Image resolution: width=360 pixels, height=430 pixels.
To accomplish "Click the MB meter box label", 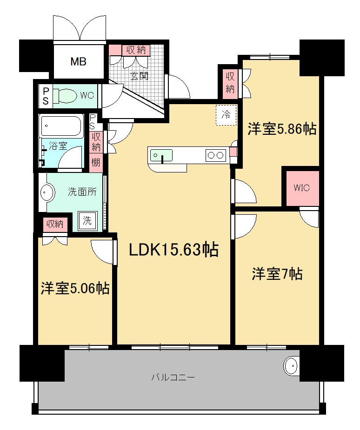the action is click(x=79, y=61).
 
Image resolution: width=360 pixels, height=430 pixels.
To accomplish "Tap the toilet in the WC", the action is click(x=65, y=96).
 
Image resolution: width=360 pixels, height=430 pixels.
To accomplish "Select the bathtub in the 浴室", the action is click(x=61, y=126).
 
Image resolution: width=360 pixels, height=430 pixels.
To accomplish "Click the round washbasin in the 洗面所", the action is click(x=47, y=192).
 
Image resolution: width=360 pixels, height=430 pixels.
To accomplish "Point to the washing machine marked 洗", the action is click(x=87, y=220).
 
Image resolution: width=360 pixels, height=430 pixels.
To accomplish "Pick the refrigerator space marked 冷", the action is click(x=226, y=115).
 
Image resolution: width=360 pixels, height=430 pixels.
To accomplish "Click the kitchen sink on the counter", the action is click(x=161, y=155).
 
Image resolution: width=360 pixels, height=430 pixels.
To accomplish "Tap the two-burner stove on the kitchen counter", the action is click(x=215, y=155).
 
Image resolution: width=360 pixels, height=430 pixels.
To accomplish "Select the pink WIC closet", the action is click(x=302, y=188).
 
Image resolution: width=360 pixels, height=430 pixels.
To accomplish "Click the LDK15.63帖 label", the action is click(x=173, y=250).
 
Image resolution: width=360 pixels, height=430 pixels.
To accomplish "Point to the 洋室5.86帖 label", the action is click(x=282, y=129).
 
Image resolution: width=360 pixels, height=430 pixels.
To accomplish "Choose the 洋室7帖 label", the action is click(x=277, y=274).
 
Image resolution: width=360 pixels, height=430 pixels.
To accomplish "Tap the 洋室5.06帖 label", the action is click(x=75, y=288).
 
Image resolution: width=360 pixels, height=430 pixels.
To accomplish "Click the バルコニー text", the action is click(x=173, y=377).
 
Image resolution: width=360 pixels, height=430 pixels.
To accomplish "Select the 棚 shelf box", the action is click(x=95, y=163).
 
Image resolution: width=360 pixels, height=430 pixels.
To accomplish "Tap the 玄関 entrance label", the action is click(x=140, y=76).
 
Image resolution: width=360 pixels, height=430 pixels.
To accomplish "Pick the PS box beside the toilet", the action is click(x=46, y=96).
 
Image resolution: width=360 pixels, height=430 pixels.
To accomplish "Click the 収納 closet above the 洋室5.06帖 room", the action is click(x=55, y=225).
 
